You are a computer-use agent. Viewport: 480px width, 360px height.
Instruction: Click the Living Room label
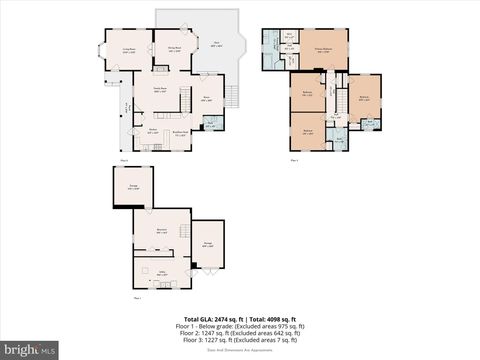[129, 49]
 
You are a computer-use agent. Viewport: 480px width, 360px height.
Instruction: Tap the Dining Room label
[173, 49]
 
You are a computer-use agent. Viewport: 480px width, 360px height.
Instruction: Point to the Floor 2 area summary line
[240, 333]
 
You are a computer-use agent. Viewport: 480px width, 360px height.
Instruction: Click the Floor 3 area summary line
[240, 340]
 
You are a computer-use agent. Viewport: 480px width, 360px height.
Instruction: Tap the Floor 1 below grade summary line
[240, 325]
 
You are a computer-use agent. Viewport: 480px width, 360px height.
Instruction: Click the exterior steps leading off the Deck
[233, 96]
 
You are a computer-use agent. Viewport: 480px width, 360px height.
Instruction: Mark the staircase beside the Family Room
[185, 100]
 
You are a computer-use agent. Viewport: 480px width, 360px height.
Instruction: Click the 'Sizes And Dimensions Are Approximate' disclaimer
[240, 350]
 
